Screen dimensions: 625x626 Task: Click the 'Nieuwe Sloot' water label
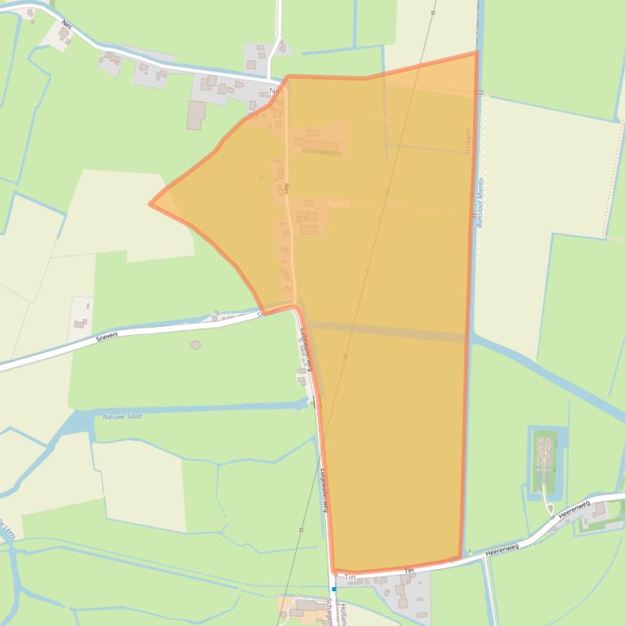[x=123, y=415]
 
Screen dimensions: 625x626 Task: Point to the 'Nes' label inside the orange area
[x=287, y=189]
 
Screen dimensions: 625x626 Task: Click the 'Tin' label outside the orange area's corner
[x=351, y=578]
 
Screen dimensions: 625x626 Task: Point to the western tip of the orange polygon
[x=150, y=204]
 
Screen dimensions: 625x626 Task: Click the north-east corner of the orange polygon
[x=476, y=53]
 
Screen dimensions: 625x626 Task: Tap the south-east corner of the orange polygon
[x=461, y=559]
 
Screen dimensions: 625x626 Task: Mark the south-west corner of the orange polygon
[x=334, y=572]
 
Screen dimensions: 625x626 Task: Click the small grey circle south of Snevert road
[x=195, y=345]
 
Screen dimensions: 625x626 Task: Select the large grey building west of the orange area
[x=196, y=115]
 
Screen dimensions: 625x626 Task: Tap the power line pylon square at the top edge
[x=434, y=13]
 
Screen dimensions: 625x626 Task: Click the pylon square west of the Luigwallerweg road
[x=301, y=530]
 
